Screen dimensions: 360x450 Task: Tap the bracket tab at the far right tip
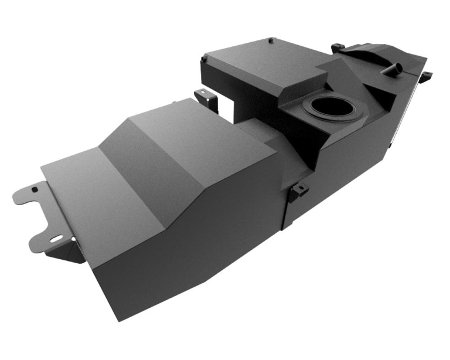point(428,75)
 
